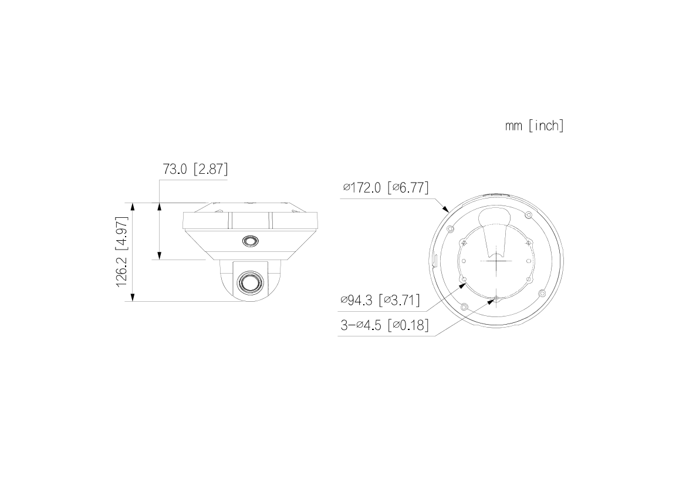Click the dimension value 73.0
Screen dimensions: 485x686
coord(175,169)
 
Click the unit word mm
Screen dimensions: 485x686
coord(514,126)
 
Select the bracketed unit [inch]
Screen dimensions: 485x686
coord(546,126)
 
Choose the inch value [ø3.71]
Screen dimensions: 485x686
coord(399,301)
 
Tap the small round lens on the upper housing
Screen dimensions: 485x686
coord(249,241)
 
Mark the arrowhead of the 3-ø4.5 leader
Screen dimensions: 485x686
coord(494,300)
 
